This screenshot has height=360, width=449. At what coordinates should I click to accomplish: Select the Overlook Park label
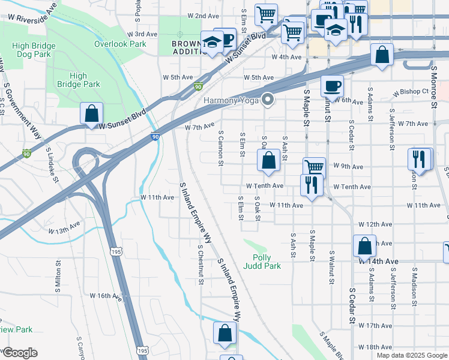(120, 44)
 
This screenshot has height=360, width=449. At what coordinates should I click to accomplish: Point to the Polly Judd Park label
(263, 261)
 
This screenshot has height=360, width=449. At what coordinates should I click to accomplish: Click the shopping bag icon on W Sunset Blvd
(91, 113)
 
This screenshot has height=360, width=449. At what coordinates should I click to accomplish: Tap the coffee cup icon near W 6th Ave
(331, 86)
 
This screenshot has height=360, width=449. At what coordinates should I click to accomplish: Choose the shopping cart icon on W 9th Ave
(313, 167)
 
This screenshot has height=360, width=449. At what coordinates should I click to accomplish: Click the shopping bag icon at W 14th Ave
(364, 245)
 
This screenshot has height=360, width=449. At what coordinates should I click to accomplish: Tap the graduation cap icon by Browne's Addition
(211, 42)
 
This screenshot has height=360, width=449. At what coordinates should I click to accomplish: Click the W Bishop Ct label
(411, 92)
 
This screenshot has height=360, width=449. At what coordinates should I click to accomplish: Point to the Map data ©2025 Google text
(411, 355)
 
